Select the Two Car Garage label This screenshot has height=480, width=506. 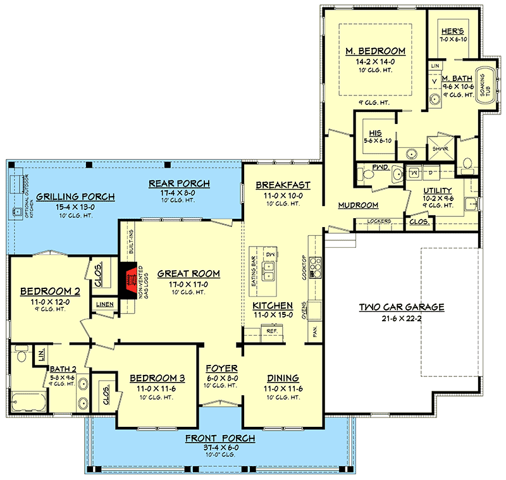click(402, 307)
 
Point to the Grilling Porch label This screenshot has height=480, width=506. click(75, 197)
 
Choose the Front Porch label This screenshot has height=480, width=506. click(220, 438)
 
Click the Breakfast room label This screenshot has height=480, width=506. click(283, 185)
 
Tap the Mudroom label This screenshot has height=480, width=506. click(358, 205)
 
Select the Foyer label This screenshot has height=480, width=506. click(221, 368)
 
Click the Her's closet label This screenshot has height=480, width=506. click(452, 30)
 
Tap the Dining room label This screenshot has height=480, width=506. click(283, 378)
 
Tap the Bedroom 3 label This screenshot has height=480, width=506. click(157, 378)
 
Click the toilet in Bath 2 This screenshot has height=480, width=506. click(21, 355)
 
